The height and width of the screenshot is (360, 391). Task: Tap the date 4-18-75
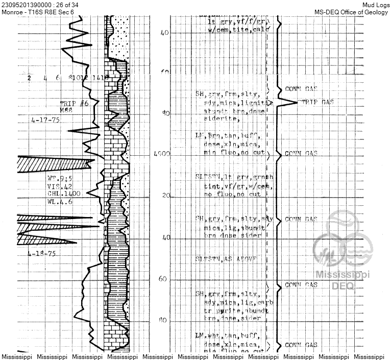(42, 254)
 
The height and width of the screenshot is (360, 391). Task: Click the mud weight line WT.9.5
(59, 179)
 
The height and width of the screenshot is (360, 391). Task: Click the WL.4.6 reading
(59, 202)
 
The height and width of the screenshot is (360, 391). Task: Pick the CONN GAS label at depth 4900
(301, 154)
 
